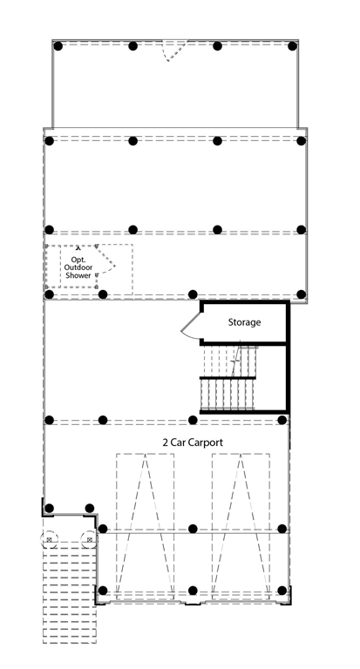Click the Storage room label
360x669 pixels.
click(x=244, y=322)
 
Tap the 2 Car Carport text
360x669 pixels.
click(x=193, y=443)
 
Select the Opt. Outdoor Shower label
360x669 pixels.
click(x=78, y=267)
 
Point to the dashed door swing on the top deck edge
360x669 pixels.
click(x=174, y=51)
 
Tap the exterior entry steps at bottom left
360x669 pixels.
click(x=70, y=593)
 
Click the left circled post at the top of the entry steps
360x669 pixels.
click(x=49, y=540)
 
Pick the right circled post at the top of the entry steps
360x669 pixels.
click(x=89, y=540)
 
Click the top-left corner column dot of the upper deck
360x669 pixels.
click(x=58, y=46)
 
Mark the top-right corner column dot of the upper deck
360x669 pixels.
click(x=293, y=46)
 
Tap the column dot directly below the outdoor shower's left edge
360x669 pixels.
click(x=49, y=294)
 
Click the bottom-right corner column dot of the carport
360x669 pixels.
click(x=282, y=591)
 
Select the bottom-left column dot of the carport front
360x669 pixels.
click(x=103, y=591)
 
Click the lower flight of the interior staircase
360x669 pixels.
click(x=228, y=395)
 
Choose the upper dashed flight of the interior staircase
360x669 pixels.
click(x=231, y=361)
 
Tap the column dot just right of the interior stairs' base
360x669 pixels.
click(x=282, y=420)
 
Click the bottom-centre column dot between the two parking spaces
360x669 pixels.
click(x=193, y=591)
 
